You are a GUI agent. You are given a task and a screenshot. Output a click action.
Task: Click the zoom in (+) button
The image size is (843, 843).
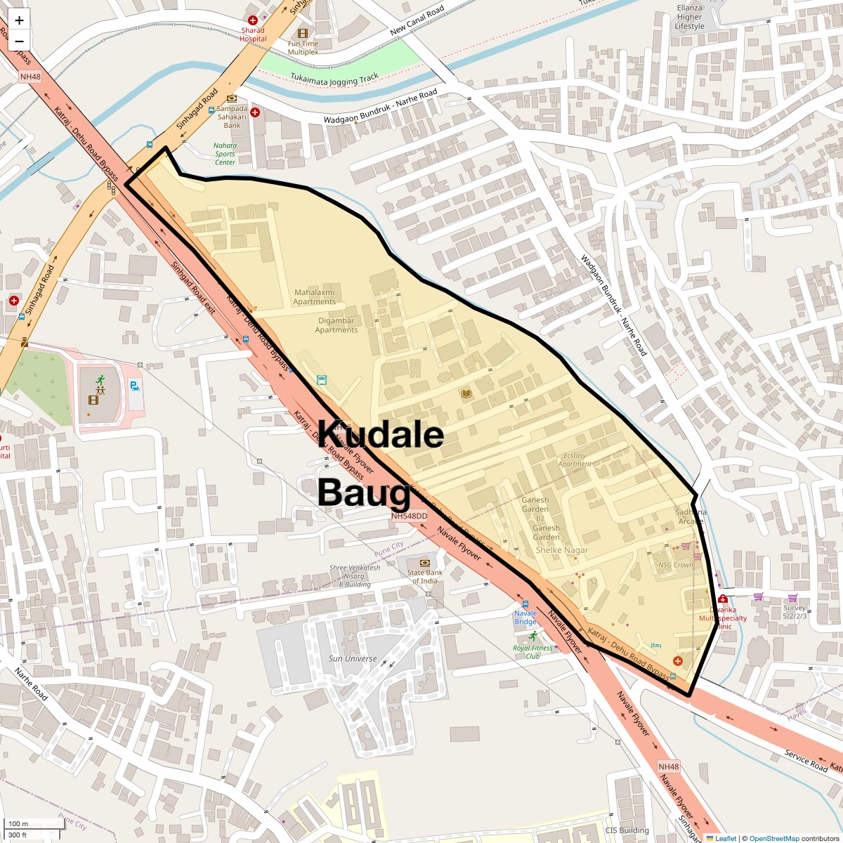[x=19, y=20]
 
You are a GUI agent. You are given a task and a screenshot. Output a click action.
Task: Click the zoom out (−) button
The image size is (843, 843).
[x=19, y=41]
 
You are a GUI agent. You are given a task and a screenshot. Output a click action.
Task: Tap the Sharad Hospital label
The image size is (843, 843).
[x=253, y=34]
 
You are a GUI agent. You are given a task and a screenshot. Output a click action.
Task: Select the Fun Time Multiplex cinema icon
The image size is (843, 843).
[x=303, y=33]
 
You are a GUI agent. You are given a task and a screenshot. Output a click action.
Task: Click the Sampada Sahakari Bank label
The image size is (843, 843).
[x=232, y=117]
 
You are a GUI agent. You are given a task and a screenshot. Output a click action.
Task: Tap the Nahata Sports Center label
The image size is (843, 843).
[x=225, y=154]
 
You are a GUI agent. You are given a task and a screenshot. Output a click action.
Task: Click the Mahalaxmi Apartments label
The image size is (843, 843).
[x=315, y=297]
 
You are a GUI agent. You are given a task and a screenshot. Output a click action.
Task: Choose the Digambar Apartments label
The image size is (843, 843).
[x=336, y=325]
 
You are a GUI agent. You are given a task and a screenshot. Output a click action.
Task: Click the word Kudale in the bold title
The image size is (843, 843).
[x=381, y=435]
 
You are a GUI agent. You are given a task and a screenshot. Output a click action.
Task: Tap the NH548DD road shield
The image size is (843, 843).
[x=410, y=516]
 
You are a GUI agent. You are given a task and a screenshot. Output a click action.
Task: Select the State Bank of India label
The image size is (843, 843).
[x=424, y=577]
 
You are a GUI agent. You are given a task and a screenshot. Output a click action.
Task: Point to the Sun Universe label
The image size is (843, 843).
[x=353, y=658]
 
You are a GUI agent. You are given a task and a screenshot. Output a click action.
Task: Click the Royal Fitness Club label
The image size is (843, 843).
[x=532, y=652]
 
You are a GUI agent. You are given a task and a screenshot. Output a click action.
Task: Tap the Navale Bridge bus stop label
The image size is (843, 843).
[x=525, y=617]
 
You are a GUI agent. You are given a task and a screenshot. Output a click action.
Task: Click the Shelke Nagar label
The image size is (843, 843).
[x=562, y=550]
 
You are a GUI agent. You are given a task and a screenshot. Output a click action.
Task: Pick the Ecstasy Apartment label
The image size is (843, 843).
[x=574, y=459]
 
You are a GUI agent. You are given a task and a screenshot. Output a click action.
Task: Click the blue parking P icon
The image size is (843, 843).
[x=134, y=385]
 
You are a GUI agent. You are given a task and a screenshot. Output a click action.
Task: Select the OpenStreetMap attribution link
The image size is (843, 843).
[x=774, y=838]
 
